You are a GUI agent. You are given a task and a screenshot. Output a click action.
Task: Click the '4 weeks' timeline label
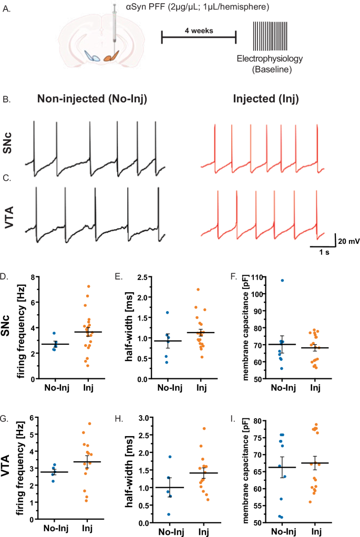pos(199,30)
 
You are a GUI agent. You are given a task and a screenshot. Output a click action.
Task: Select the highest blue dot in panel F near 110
pos(282,281)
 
